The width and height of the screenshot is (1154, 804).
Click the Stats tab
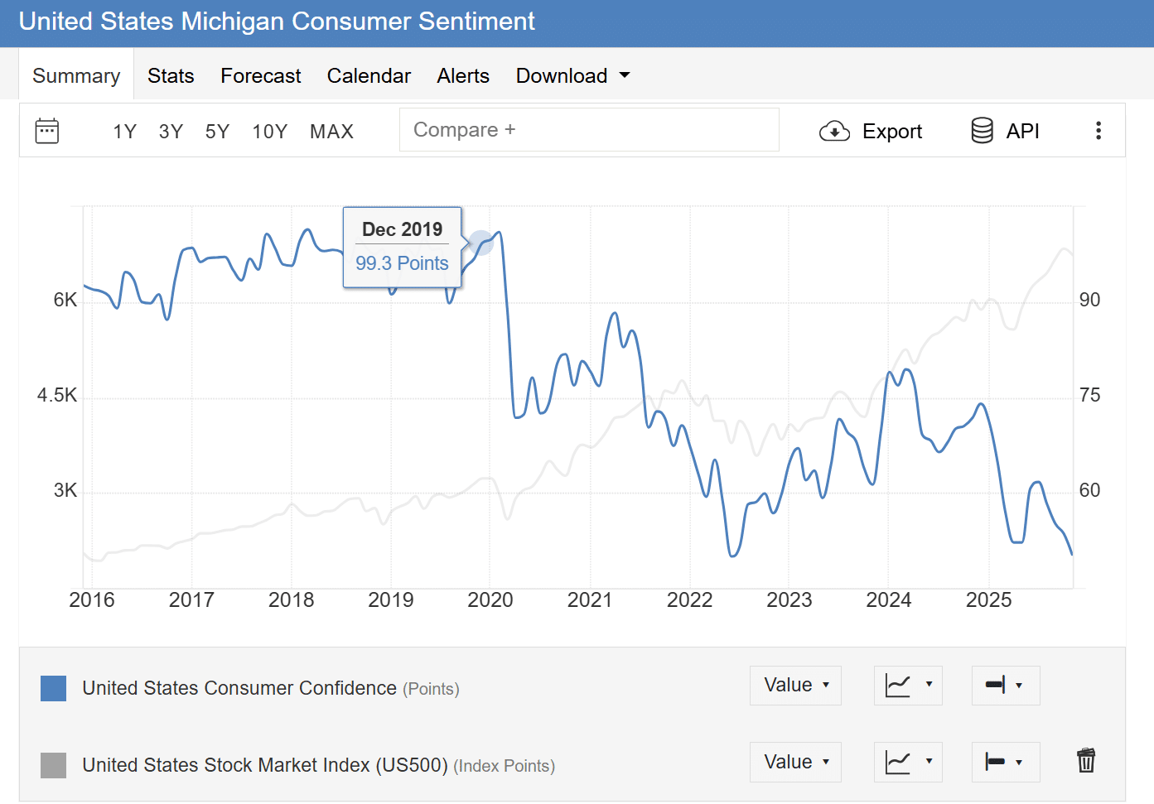[171, 76]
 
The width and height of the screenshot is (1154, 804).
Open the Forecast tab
[260, 76]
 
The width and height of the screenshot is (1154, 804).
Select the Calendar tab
[369, 76]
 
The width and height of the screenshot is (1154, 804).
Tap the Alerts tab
[463, 76]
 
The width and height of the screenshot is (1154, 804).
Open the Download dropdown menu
[572, 76]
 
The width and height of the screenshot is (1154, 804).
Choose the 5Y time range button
[217, 132]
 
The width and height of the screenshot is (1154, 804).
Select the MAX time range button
[331, 132]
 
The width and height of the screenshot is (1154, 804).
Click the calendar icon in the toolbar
[47, 131]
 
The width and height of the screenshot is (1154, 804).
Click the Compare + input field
[588, 130]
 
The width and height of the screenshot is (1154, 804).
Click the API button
[1005, 131]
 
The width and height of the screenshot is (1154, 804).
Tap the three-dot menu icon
[1098, 131]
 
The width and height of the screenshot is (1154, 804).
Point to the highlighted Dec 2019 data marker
[481, 243]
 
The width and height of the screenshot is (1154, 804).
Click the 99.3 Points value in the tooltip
[402, 263]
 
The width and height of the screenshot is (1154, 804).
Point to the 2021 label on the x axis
[590, 600]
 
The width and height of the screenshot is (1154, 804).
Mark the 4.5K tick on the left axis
[57, 396]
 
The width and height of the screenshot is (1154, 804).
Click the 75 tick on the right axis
[1089, 396]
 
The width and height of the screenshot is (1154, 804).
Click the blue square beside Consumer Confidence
[54, 689]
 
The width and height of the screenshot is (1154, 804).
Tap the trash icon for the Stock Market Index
[1085, 760]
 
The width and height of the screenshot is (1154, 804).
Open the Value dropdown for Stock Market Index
[795, 762]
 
